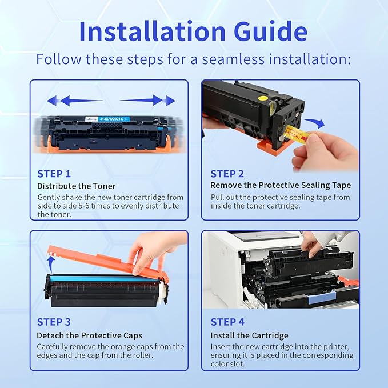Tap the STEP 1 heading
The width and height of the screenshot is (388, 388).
point(54,174)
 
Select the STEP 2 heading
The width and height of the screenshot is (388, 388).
point(227,174)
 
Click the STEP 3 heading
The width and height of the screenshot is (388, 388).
point(54,322)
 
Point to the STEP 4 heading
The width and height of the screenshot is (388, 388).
point(227,322)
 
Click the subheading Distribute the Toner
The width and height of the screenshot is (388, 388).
point(77,186)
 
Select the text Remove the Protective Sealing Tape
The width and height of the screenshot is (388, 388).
point(281,185)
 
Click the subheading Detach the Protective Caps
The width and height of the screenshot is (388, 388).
point(90,335)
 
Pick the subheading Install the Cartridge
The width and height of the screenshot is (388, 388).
point(249,335)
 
